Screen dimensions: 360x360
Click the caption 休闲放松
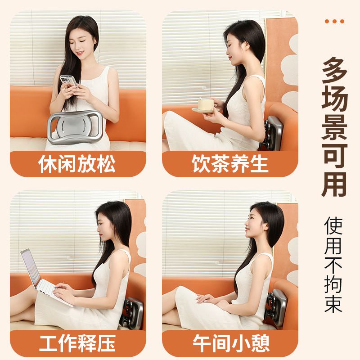pyautogui.click(x=77, y=163)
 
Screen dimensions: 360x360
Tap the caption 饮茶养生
pyautogui.click(x=230, y=163)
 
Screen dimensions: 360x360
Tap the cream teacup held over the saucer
pyautogui.click(x=206, y=103)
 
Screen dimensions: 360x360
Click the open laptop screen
pyautogui.click(x=30, y=268)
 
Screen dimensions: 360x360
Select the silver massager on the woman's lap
pyautogui.click(x=75, y=127)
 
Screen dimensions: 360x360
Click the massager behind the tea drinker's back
pyautogui.click(x=272, y=133)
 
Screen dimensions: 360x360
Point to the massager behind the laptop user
pyautogui.click(x=132, y=313)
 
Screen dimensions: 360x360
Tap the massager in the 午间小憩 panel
pyautogui.click(x=276, y=308)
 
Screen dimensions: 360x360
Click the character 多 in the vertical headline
pyautogui.click(x=334, y=71)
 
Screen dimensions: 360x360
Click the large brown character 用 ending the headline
pyautogui.click(x=334, y=184)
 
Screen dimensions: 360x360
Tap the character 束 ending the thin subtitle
pyautogui.click(x=333, y=302)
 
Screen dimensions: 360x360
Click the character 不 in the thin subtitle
pyautogui.click(x=333, y=264)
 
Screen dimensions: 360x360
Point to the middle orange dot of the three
pyautogui.click(x=334, y=21)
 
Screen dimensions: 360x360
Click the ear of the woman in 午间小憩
pyautogui.click(x=266, y=226)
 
